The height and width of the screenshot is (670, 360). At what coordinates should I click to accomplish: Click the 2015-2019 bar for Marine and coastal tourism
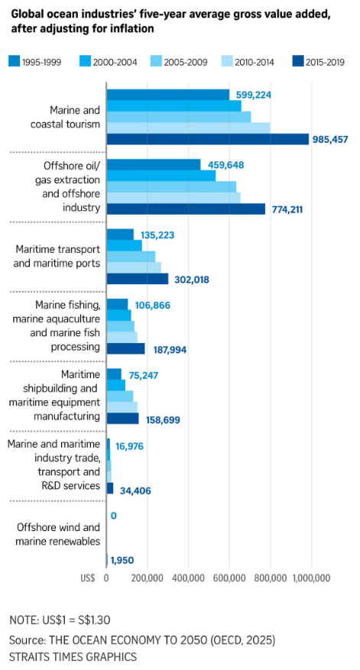click(x=207, y=139)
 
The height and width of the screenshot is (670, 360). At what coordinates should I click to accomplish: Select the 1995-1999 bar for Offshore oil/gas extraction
click(x=153, y=164)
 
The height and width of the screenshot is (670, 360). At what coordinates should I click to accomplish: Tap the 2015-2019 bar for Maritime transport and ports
click(x=138, y=279)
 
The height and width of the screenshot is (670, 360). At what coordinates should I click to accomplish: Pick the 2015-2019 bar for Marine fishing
click(x=125, y=348)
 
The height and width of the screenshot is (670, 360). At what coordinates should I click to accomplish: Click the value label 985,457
click(x=330, y=140)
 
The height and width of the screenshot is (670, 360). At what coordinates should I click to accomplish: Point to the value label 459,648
click(x=225, y=164)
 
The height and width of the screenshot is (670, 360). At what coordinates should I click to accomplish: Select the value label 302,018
click(x=192, y=280)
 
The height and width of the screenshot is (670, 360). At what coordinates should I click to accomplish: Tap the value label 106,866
click(x=153, y=305)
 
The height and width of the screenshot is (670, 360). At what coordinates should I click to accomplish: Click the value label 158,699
click(x=162, y=420)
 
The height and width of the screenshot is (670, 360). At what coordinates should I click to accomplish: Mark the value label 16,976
click(x=129, y=446)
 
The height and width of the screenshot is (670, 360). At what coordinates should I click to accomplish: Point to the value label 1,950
click(x=122, y=560)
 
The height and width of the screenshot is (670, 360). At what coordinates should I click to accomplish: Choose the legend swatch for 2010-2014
click(x=225, y=62)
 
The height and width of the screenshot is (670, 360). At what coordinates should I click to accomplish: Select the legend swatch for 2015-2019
click(x=297, y=62)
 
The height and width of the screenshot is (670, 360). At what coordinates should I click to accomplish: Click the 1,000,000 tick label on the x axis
click(x=311, y=578)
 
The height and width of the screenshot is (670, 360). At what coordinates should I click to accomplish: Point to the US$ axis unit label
click(x=87, y=578)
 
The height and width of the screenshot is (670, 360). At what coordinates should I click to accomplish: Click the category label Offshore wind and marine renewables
click(x=58, y=534)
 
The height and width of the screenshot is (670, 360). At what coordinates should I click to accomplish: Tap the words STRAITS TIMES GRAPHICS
click(x=73, y=656)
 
